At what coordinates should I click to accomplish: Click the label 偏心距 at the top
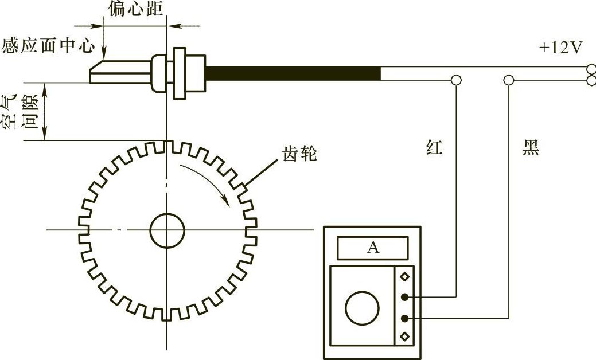[x=136, y=9]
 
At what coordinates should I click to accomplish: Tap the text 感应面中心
[x=48, y=45]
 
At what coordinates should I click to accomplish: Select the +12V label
[x=561, y=48]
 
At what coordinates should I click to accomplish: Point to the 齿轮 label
[x=299, y=154]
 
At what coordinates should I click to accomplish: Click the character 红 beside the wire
[x=434, y=147]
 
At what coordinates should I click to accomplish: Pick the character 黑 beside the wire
[x=531, y=147]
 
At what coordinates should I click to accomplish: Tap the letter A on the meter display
[x=373, y=248]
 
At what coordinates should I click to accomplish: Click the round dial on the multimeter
[x=362, y=308]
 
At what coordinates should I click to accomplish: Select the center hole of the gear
[x=167, y=230]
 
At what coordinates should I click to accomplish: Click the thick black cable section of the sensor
[x=293, y=73]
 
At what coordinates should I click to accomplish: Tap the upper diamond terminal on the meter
[x=405, y=276]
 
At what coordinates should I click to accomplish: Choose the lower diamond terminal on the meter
[x=405, y=336]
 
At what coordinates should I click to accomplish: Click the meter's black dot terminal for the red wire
[x=405, y=297]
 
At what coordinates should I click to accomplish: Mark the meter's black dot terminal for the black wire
[x=405, y=318]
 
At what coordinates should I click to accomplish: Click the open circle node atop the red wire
[x=456, y=80]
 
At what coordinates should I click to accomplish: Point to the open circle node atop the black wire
[x=509, y=80]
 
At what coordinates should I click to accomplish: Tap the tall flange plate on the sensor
[x=180, y=73]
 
